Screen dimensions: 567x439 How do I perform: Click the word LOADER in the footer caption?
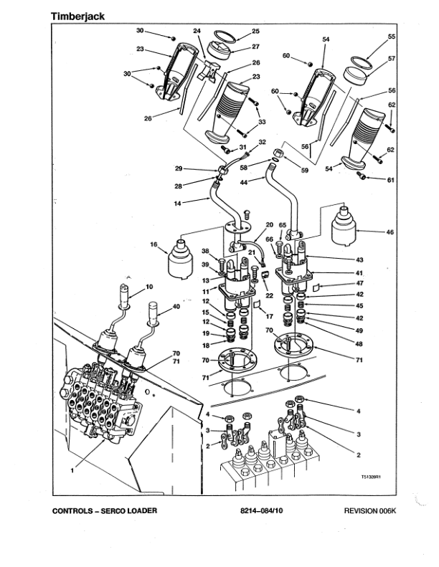[x=138, y=511]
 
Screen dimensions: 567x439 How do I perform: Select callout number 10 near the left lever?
[x=149, y=287]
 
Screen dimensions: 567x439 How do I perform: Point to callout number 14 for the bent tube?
[x=178, y=204]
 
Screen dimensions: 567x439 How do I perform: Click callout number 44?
[x=242, y=184]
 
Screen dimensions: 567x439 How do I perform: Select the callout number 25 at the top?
[x=256, y=32]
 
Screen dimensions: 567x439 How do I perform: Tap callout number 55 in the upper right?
[x=392, y=36]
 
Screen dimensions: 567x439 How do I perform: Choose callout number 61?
[x=391, y=180]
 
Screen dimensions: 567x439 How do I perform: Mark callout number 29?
[x=179, y=168]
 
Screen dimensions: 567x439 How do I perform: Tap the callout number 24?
[x=197, y=31]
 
